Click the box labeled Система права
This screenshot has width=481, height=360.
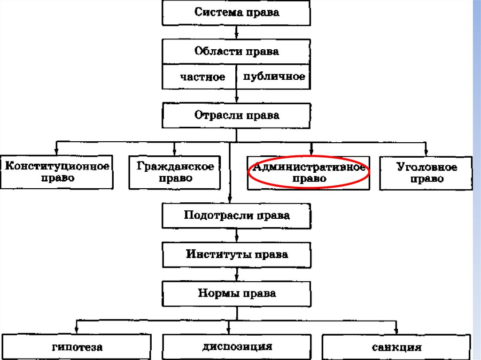pyautogui.click(x=236, y=13)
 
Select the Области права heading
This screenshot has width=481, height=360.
pyautogui.click(x=236, y=51)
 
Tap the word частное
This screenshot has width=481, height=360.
pyautogui.click(x=202, y=77)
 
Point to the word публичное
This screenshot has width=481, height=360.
pyautogui.click(x=274, y=77)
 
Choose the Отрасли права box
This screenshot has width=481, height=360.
pyautogui.click(x=236, y=115)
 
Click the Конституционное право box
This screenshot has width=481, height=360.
pyautogui.click(x=57, y=172)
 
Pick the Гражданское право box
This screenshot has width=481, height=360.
pyautogui.click(x=175, y=172)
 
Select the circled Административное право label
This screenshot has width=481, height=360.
pyautogui.click(x=309, y=172)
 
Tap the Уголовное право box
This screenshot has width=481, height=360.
pyautogui.click(x=426, y=173)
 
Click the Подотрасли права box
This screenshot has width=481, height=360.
pyautogui.click(x=236, y=216)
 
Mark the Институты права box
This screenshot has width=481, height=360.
pyautogui.click(x=236, y=255)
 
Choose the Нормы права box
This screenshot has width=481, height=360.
pyautogui.click(x=236, y=294)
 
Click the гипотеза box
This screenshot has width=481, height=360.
pyautogui.click(x=77, y=348)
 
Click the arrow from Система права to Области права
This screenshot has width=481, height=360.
pyautogui.click(x=237, y=32)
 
